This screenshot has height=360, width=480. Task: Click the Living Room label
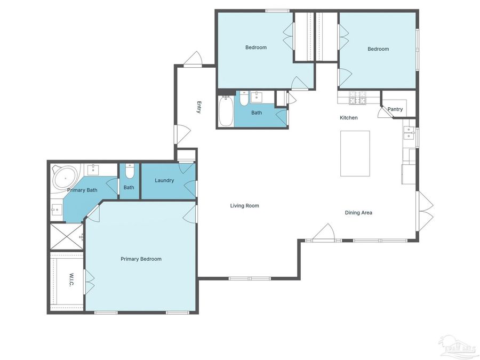[x=244, y=205]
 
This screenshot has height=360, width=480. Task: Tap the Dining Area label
[x=358, y=213]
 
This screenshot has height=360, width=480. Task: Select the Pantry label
[x=395, y=109]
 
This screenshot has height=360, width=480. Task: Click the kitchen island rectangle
[x=355, y=154]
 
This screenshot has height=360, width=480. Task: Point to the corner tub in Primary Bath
[x=65, y=177]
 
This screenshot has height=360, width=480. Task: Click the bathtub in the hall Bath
[x=226, y=110]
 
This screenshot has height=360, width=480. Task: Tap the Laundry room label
[x=164, y=180]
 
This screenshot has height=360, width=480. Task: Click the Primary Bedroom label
[x=141, y=259]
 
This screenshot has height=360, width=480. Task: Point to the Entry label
[x=198, y=107]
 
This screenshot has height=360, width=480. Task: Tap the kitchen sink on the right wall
[x=409, y=132]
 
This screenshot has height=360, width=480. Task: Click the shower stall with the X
[x=67, y=236]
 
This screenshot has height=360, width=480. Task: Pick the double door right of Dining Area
[x=425, y=212]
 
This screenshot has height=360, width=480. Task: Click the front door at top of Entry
[x=193, y=59]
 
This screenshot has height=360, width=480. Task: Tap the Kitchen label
[x=349, y=118]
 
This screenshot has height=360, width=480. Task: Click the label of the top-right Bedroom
[x=378, y=49]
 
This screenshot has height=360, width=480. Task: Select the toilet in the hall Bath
[x=243, y=99]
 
